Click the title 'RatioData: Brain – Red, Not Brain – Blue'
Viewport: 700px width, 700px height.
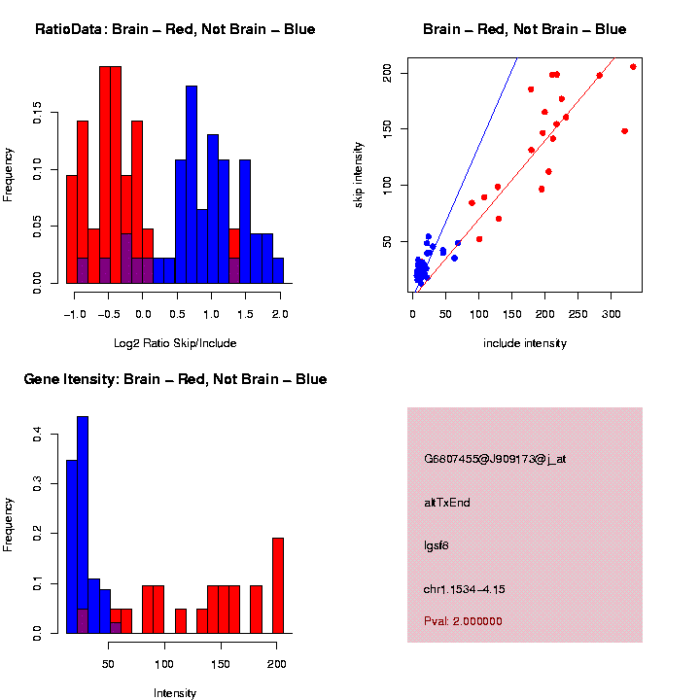pos(175,29)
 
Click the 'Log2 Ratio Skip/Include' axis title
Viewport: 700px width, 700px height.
pos(175,343)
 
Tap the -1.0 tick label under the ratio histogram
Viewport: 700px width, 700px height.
pos(73,314)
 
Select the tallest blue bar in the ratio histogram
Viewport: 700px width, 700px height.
pos(192,185)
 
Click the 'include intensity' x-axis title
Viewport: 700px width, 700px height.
pos(525,343)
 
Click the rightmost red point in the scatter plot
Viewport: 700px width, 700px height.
pos(633,67)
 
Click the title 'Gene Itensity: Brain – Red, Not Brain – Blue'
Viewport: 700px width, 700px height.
pos(175,379)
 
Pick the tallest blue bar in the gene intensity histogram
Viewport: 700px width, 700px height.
pos(83,525)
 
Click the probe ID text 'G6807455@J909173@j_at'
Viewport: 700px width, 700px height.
pos(495,459)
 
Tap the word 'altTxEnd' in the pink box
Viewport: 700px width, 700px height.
pos(447,503)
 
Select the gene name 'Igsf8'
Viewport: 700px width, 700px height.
pos(437,545)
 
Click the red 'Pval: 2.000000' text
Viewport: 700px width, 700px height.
pos(463,620)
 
